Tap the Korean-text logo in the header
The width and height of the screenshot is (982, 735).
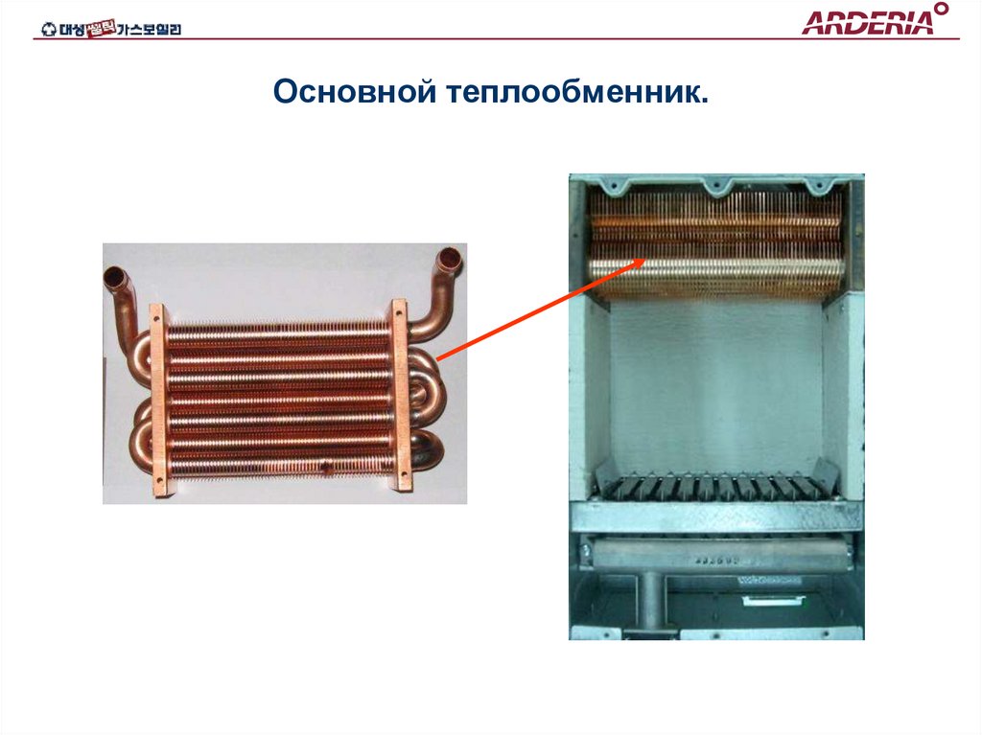[111, 30]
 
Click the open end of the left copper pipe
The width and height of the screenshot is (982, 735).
[115, 278]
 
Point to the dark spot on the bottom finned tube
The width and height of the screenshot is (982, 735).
[326, 469]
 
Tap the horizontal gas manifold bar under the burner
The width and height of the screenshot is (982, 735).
[714, 555]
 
